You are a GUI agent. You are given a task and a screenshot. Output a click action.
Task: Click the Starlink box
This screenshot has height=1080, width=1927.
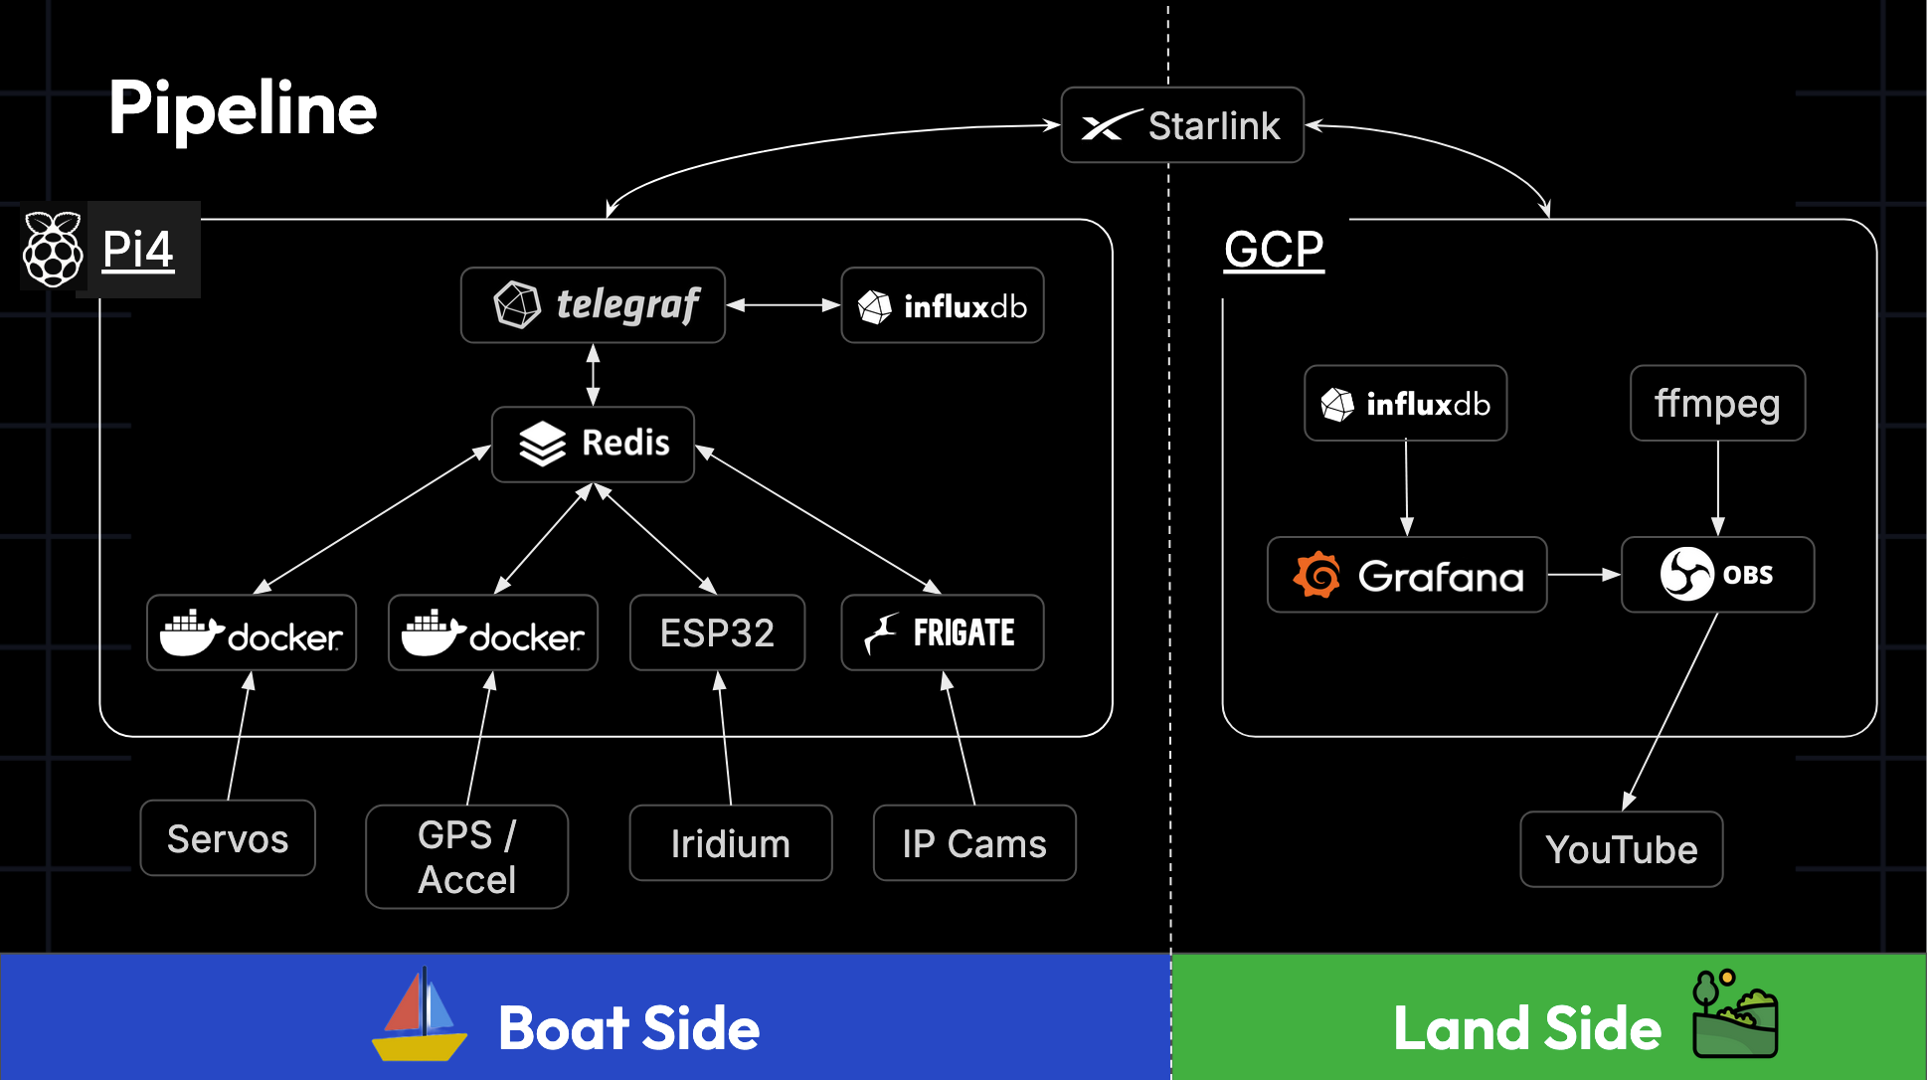coord(1181,125)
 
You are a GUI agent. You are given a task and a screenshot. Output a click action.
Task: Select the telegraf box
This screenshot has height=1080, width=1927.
coord(593,305)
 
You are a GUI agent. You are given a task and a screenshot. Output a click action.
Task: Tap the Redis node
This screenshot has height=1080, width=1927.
coord(593,445)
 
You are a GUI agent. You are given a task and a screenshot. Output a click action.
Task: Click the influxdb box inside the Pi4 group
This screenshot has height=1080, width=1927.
coord(942,305)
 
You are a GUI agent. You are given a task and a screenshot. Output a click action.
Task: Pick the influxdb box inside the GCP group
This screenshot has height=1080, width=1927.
coord(1405,403)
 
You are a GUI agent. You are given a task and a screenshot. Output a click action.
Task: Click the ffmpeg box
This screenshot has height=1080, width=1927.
coord(1717,403)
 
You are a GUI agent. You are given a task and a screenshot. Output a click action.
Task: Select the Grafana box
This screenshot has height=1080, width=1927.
coord(1406,575)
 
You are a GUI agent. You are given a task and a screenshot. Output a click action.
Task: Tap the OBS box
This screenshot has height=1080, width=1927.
coord(1717,575)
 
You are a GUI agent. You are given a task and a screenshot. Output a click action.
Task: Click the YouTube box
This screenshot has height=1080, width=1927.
coord(1621,849)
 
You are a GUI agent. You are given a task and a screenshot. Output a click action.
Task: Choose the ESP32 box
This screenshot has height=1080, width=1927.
coord(717,632)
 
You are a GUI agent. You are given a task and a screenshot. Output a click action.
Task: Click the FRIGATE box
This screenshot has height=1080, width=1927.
coord(942,632)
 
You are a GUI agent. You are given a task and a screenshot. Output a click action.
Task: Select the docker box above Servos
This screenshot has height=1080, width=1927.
coord(251,632)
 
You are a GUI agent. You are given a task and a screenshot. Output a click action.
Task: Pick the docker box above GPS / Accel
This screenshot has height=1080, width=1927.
coord(492,632)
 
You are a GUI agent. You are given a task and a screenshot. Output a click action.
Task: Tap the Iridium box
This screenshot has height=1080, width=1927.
coord(730,843)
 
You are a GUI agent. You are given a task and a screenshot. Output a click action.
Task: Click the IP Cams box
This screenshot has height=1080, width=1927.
coord(973,843)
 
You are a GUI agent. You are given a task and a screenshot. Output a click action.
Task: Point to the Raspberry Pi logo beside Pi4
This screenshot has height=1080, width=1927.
coord(53,249)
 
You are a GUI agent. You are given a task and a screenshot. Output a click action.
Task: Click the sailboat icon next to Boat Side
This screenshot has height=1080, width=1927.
coord(419,1016)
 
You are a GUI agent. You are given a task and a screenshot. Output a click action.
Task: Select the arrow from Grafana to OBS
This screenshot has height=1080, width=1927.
coord(1583,575)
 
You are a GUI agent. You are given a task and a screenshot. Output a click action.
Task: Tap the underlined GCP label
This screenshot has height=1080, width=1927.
coord(1273,249)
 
